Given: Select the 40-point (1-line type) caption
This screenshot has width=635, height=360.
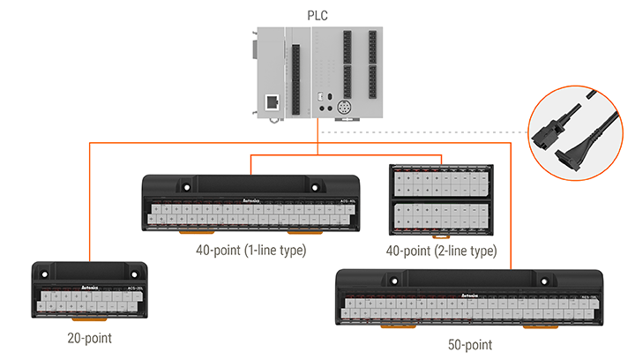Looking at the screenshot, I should [x=250, y=251].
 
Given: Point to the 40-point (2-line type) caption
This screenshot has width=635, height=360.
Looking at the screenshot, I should [x=441, y=251].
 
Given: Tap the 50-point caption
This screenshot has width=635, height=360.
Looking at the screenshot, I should [x=471, y=344].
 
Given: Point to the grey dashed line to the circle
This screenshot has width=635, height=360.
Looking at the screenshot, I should [x=423, y=132].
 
